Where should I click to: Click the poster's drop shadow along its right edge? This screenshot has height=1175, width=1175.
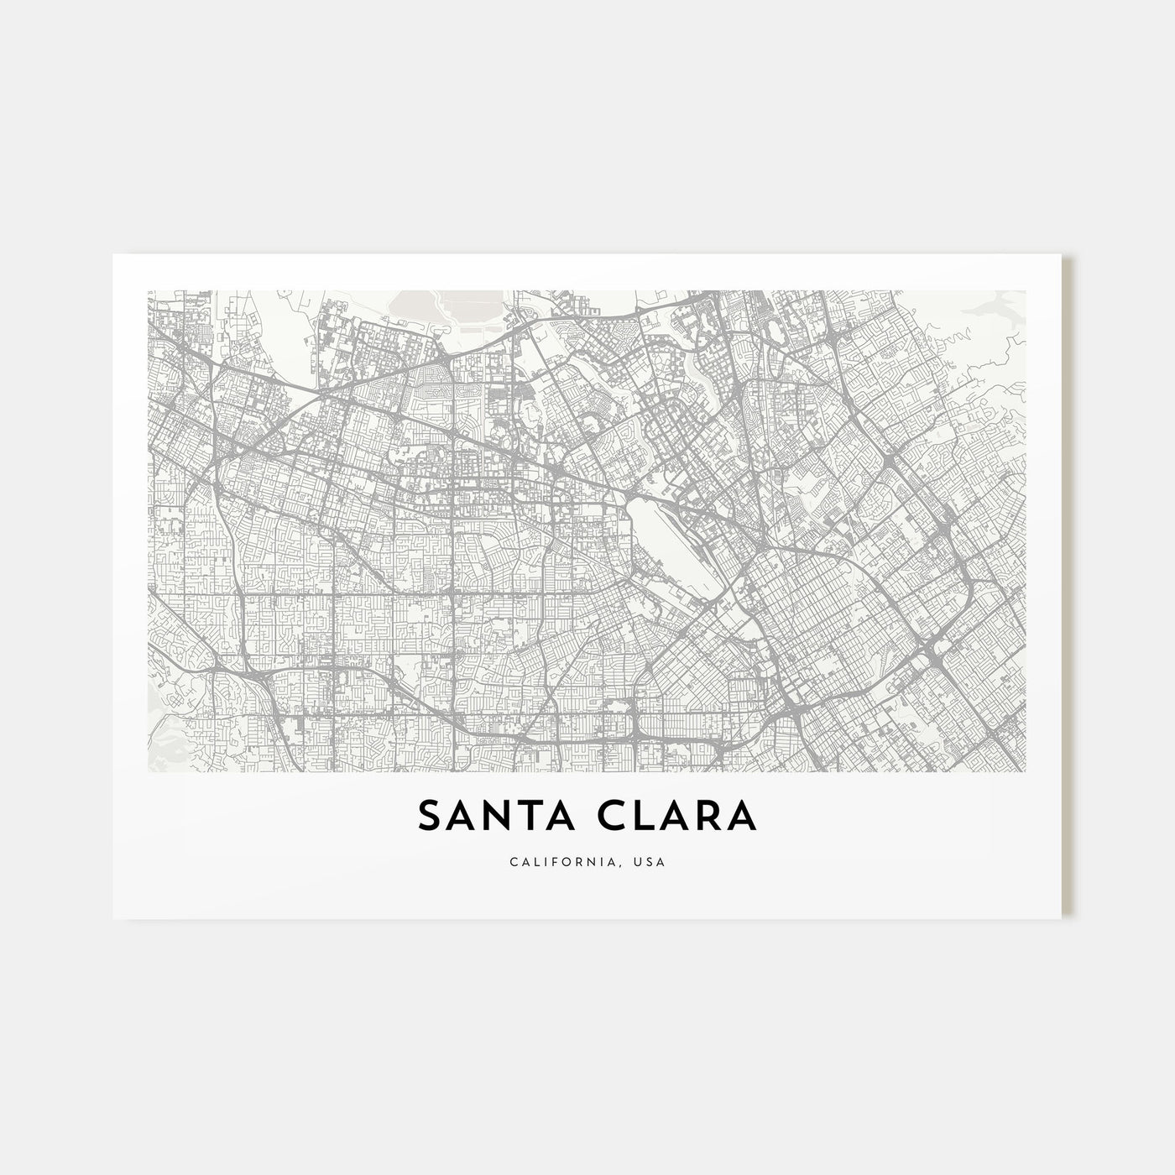pyautogui.click(x=1068, y=587)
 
